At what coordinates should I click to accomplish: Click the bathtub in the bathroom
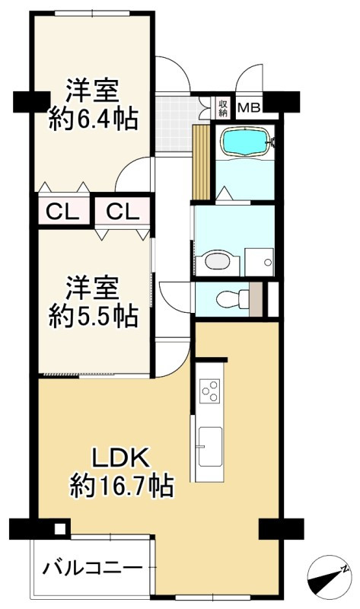(244, 141)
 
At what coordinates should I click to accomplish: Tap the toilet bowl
(227, 298)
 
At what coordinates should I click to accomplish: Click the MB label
(249, 107)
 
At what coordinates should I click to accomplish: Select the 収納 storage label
(223, 107)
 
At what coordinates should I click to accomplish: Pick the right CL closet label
(122, 211)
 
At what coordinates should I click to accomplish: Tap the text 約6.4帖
(94, 119)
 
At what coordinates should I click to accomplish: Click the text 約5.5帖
(94, 315)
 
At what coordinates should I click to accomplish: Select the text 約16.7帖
(122, 484)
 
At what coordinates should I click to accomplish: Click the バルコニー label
(92, 568)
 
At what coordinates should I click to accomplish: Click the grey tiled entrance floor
(174, 122)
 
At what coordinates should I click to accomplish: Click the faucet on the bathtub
(272, 141)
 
